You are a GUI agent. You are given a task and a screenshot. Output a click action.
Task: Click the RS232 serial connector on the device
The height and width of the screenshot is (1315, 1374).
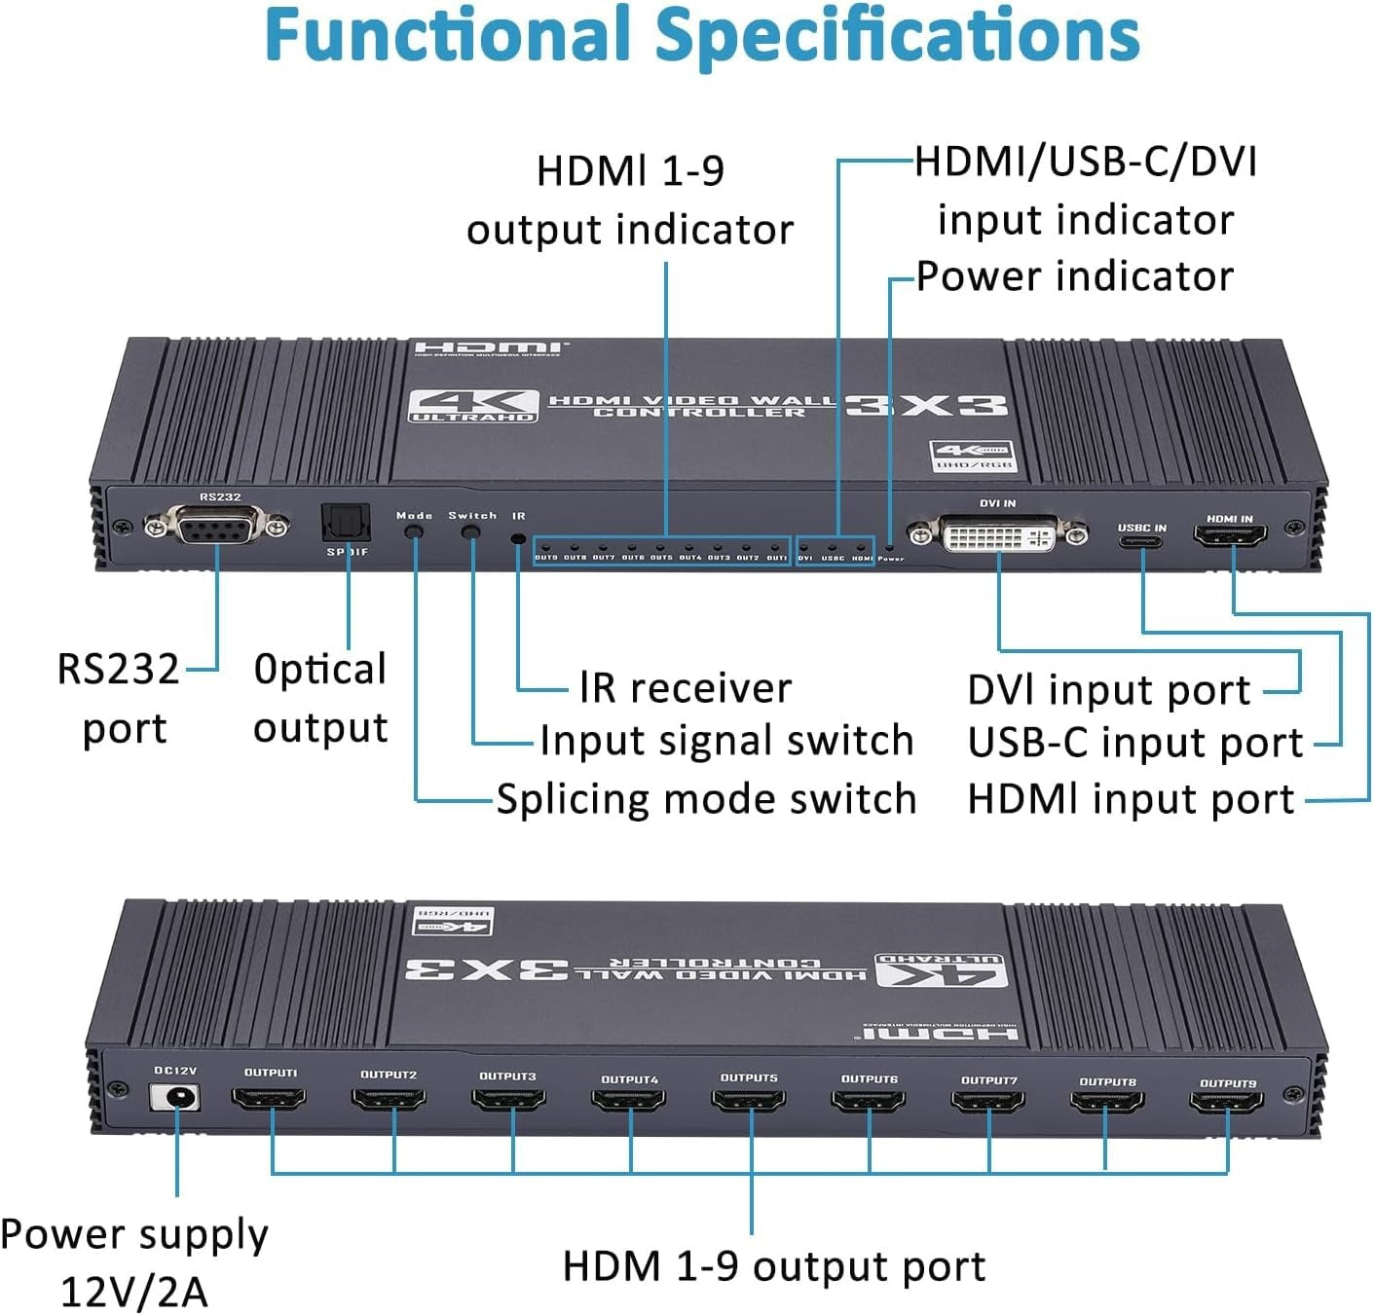click(x=217, y=527)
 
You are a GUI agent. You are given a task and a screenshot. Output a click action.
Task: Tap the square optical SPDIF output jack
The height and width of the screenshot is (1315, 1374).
click(x=347, y=524)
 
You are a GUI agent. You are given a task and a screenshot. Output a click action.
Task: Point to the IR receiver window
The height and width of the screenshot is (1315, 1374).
click(x=518, y=537)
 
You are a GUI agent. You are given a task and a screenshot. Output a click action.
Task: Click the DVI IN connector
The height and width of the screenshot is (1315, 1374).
click(x=998, y=532)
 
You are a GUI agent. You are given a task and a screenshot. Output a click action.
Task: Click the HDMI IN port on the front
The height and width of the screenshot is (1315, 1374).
click(x=1230, y=534)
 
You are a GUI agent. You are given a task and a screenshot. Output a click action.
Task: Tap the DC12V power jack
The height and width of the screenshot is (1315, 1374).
click(x=176, y=1097)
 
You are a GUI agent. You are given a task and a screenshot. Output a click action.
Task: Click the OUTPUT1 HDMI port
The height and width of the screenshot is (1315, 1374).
click(x=270, y=1099)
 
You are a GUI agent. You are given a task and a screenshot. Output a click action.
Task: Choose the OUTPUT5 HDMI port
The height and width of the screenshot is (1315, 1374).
click(x=749, y=1102)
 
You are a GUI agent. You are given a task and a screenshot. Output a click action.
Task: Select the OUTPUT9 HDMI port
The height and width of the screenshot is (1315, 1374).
click(x=1227, y=1102)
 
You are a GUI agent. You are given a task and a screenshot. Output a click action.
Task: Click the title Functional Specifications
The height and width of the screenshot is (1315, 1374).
click(x=701, y=35)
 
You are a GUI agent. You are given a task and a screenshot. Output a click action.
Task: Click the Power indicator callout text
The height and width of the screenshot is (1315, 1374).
click(x=1074, y=276)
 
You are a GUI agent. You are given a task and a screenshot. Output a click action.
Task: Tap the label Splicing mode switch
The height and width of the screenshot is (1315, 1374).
click(x=706, y=799)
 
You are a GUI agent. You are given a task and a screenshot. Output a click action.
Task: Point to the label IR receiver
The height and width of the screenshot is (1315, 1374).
click(x=685, y=688)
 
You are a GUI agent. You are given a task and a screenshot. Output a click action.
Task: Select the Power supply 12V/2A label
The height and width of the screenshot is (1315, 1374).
click(x=134, y=1262)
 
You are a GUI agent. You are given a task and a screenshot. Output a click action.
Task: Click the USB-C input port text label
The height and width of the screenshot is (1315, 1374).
click(x=1134, y=744)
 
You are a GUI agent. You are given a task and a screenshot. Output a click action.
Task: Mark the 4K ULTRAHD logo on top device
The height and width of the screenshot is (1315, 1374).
click(x=472, y=406)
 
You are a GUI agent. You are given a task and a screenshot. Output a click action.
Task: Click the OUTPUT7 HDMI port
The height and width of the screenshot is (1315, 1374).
click(x=988, y=1102)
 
